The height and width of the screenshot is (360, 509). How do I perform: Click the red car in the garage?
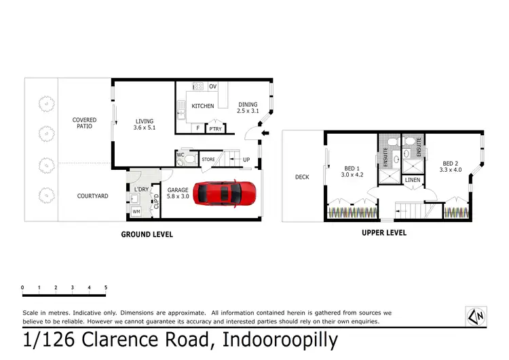[227, 193]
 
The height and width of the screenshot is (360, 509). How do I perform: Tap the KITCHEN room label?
[202, 106]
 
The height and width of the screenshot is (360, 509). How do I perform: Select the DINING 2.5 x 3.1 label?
[247, 107]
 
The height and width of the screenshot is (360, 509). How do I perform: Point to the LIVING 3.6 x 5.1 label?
[145, 124]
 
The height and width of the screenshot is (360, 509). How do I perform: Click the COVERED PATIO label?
[85, 124]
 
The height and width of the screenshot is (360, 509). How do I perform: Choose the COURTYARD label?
[92, 196]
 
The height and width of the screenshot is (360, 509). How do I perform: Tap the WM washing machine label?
[136, 212]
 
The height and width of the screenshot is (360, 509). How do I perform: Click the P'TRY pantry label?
[216, 129]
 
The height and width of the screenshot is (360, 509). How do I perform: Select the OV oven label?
[212, 86]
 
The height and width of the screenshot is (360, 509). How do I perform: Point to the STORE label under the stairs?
[208, 160]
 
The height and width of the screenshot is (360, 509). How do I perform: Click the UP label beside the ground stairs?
[246, 160]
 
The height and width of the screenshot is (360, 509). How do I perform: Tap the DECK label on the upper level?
[302, 177]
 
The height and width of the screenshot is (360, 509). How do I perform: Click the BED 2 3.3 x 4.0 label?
[451, 166]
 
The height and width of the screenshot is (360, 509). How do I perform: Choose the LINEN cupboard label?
[412, 180]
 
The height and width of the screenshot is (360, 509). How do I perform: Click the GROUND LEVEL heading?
[147, 234]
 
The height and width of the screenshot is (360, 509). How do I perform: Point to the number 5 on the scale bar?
[106, 288]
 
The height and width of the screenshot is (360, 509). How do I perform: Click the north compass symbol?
[476, 315]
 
